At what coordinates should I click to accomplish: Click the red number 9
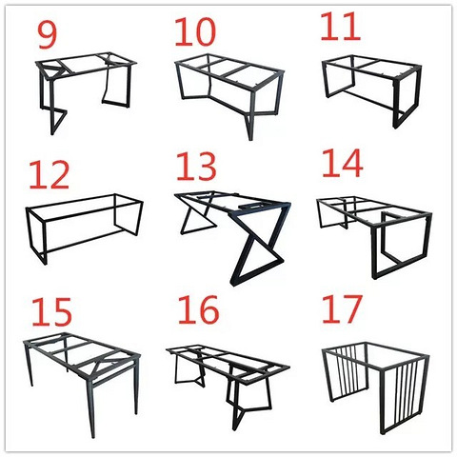(48, 35)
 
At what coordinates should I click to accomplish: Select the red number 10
(195, 31)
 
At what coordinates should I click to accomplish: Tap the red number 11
(340, 27)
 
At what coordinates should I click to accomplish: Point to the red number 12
(50, 175)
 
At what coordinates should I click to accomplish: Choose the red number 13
(196, 167)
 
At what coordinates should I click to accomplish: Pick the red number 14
(343, 164)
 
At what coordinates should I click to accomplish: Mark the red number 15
(51, 312)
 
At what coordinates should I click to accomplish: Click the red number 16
(199, 309)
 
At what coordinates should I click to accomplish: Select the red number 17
(342, 308)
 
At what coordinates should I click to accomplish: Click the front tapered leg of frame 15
(90, 409)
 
